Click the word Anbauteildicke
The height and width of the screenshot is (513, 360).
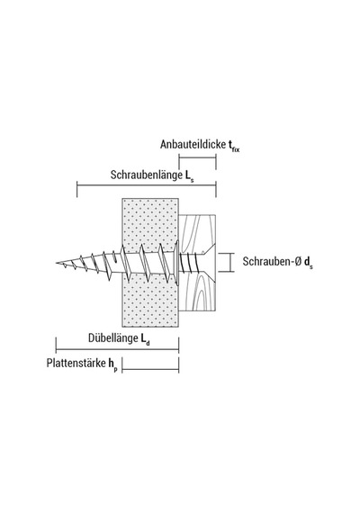coord(193,144)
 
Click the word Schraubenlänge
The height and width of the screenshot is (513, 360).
coord(146,175)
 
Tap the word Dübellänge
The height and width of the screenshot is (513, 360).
coord(113,337)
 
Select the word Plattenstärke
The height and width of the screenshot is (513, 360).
coord(76,363)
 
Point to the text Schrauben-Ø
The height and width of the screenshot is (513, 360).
coord(272,261)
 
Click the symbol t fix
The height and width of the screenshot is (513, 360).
coord(234,145)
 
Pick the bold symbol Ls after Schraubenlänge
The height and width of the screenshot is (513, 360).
coord(189,176)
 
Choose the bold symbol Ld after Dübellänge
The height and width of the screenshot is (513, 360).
coord(146,339)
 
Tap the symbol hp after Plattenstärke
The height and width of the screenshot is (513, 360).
coord(112,364)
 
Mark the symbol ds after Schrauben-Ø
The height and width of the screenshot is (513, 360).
coord(309,263)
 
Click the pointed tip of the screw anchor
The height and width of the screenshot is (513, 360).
coord(56,263)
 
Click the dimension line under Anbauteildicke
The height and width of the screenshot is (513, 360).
coord(197,157)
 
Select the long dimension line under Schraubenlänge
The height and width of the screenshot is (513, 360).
coord(147,185)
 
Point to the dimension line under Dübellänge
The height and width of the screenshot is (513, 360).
coord(117,349)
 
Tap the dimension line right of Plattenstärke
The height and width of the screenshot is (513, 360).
coord(150,370)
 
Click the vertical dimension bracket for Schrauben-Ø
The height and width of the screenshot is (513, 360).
coord(230,263)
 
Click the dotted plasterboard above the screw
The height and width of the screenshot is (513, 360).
coord(150,222)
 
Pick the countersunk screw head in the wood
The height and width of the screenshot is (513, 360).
coord(208,262)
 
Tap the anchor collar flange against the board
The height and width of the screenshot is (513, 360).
coord(177,263)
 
